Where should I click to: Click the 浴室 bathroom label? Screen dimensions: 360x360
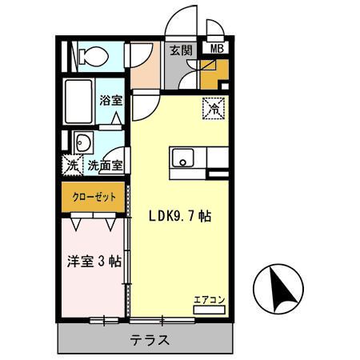[x=110, y=102]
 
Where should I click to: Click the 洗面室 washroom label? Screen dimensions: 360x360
[x=105, y=167]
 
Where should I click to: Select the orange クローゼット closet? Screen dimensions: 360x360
[x=94, y=197]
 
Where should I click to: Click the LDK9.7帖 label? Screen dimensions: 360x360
[x=179, y=216]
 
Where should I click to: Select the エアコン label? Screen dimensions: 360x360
[x=209, y=300]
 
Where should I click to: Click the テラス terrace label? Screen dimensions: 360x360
[x=150, y=339]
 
